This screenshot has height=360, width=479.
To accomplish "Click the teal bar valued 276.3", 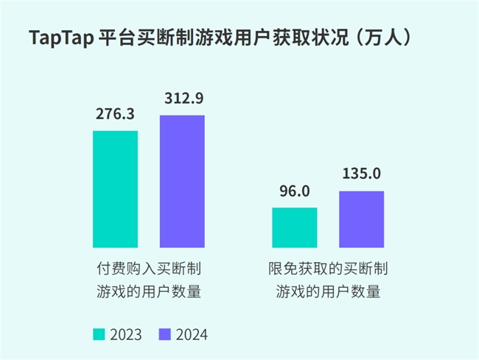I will pos(115,189).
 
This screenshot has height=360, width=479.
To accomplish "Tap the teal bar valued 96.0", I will pos(295,227).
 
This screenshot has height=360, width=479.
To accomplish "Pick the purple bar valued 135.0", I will pos(362,219).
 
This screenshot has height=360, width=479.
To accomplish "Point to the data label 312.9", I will pos(182,99).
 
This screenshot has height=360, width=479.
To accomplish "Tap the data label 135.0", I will pos(362,174).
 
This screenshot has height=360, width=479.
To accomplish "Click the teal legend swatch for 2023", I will pos(99,334).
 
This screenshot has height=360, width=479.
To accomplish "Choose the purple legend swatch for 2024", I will pos(165,334).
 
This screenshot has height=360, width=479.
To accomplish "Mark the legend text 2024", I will pos(192,334).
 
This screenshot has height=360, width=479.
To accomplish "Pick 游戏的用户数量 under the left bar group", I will pos(149,292).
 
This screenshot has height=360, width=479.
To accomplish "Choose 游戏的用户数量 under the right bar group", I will pos(329,292).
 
